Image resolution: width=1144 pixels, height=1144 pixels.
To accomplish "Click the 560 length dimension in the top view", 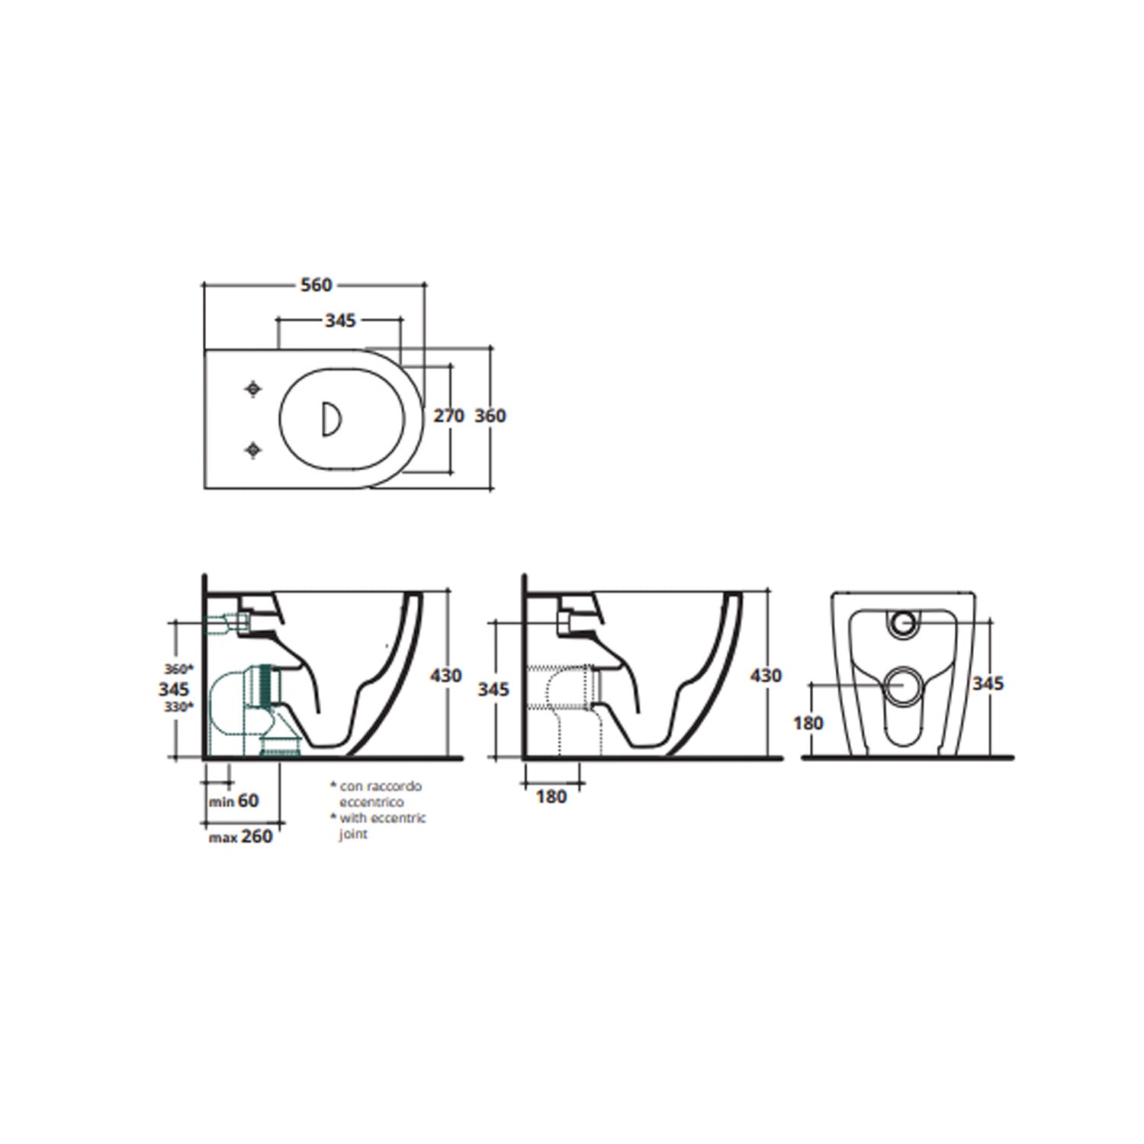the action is click(316, 285).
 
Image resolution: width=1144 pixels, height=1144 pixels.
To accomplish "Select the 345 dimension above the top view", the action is click(340, 320).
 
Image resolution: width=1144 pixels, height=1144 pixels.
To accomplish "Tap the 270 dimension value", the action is click(448, 416).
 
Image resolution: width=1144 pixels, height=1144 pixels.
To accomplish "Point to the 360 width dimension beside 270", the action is click(490, 416).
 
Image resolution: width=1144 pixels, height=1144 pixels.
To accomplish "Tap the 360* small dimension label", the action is click(179, 669).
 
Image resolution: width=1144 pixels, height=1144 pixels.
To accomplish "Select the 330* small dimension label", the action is click(179, 707).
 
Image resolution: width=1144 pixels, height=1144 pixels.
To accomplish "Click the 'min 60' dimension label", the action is click(234, 801).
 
